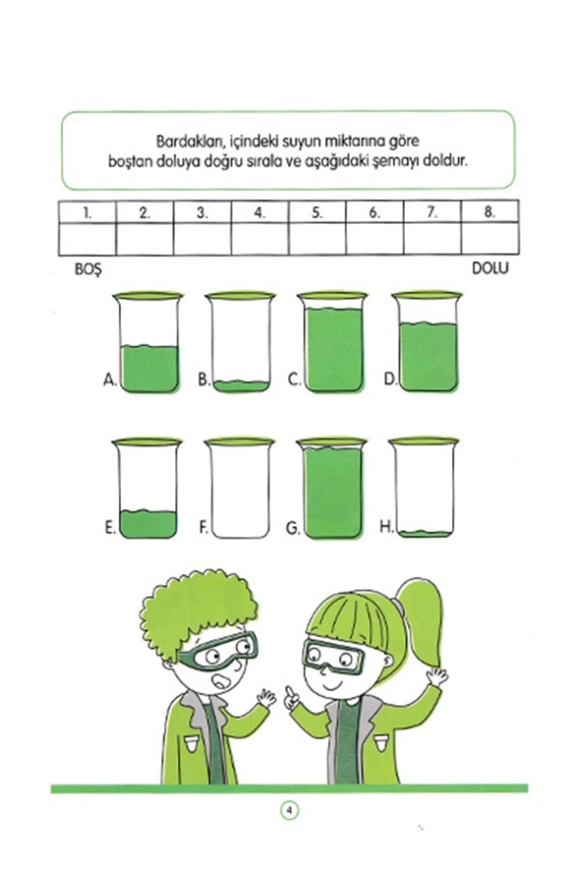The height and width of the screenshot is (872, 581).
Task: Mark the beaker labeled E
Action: pos(148,490)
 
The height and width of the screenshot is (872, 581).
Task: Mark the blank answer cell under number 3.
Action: pos(203,238)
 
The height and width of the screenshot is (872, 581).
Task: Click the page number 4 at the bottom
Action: pos(290,810)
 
